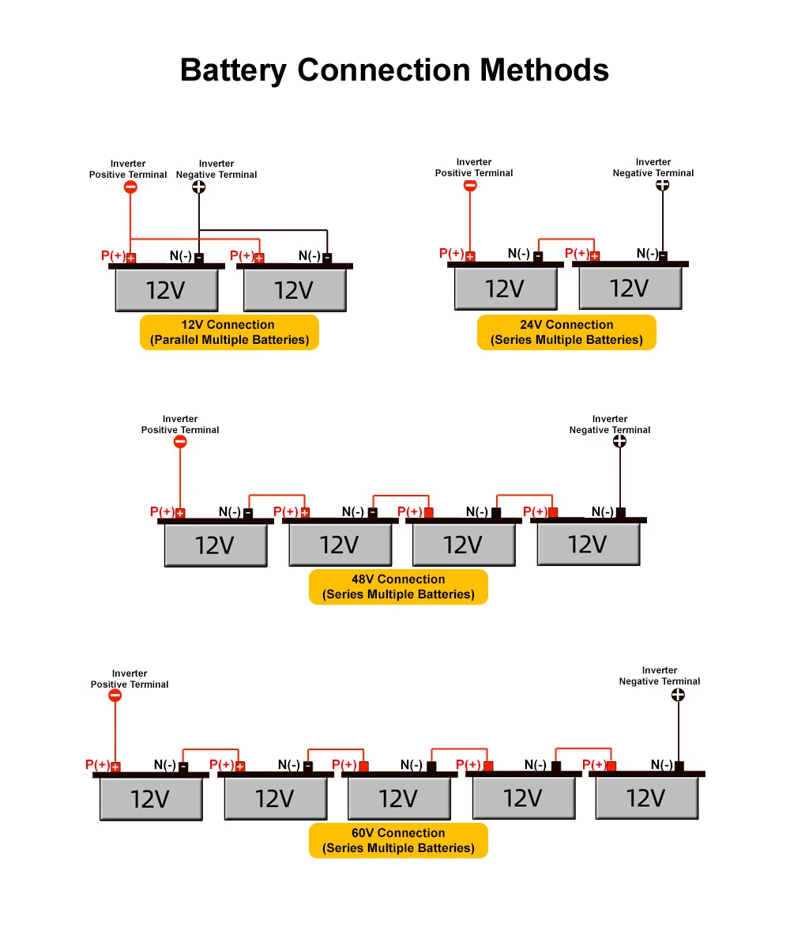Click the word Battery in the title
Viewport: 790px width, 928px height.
pos(233,70)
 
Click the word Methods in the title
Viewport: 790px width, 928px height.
pos(544,70)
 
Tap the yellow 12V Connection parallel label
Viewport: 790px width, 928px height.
pos(229,332)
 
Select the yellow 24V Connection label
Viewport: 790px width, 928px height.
pos(566,332)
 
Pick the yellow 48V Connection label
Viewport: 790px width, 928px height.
pos(398,587)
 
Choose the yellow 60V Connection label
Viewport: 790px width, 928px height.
pos(398,840)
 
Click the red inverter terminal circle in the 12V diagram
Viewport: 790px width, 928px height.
pos(130,187)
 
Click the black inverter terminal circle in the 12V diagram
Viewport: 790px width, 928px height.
pos(198,187)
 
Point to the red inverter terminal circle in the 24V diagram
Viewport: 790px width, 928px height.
pos(470,185)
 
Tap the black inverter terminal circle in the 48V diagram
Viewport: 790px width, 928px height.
pos(619,441)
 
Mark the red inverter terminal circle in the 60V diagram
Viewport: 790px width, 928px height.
pos(115,696)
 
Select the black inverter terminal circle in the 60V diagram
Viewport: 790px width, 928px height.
pos(679,695)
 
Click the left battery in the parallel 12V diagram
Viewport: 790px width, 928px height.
pos(167,288)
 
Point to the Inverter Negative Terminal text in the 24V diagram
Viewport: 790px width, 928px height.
pos(653,168)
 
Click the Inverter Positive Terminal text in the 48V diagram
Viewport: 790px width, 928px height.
pos(180,424)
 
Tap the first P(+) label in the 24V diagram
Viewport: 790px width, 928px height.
pos(452,253)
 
